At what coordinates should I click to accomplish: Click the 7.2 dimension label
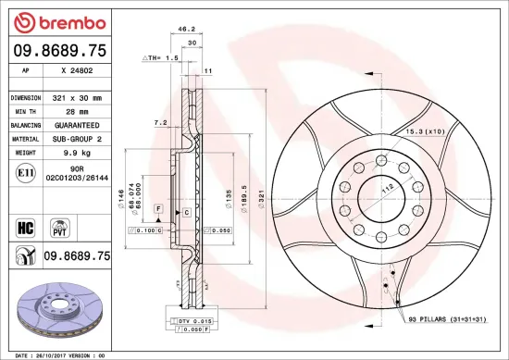pos(159,122)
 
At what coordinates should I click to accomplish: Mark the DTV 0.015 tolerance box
pos(190,319)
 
